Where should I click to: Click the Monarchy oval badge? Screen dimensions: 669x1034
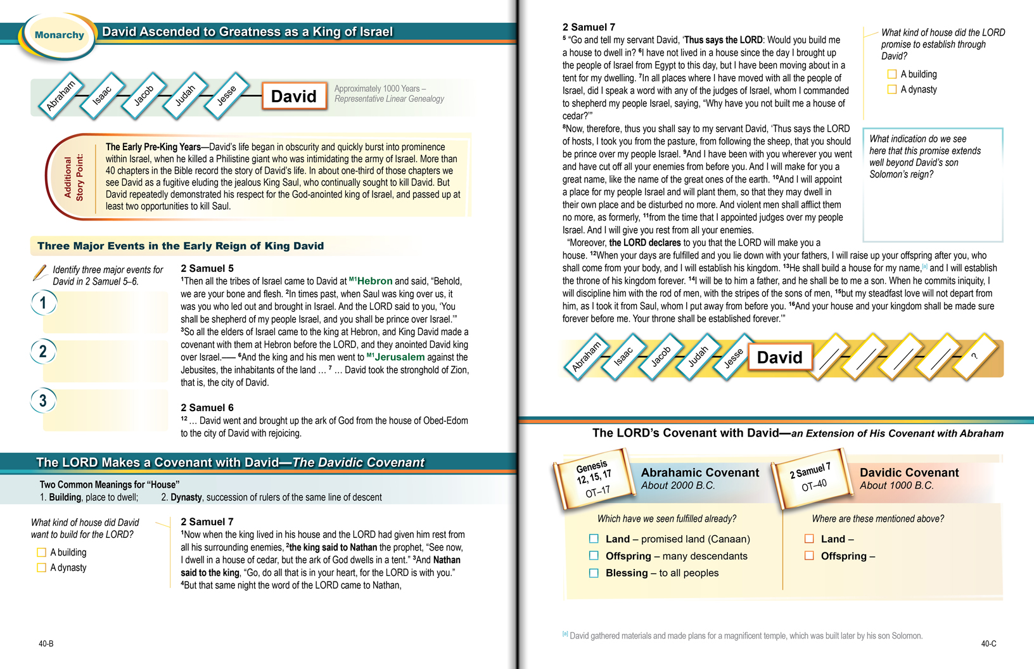click(59, 35)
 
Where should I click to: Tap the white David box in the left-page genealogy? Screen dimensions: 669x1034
click(294, 96)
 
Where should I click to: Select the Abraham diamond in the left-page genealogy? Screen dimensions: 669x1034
click(61, 96)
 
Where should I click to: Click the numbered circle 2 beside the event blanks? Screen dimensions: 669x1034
click(43, 352)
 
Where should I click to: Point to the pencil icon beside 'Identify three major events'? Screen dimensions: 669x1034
click(39, 273)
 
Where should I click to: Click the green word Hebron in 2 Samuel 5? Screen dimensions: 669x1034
click(374, 281)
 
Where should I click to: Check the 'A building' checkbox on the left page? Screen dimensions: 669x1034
click(41, 552)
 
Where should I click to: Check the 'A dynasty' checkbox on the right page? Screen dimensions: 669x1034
click(892, 89)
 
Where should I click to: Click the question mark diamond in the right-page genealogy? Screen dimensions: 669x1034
click(974, 356)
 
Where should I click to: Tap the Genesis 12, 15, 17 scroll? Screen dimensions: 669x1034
click(593, 478)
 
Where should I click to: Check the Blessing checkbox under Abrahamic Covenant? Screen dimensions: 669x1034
click(594, 573)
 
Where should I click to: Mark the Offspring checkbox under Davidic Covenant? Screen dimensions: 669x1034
click(809, 556)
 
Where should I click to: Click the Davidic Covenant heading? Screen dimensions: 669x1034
click(909, 473)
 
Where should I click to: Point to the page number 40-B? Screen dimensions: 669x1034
click(46, 644)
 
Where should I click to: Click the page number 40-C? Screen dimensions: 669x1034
click(988, 644)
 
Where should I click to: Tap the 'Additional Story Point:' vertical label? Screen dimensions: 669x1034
click(73, 177)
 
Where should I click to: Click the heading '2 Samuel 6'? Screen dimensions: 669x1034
click(207, 408)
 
